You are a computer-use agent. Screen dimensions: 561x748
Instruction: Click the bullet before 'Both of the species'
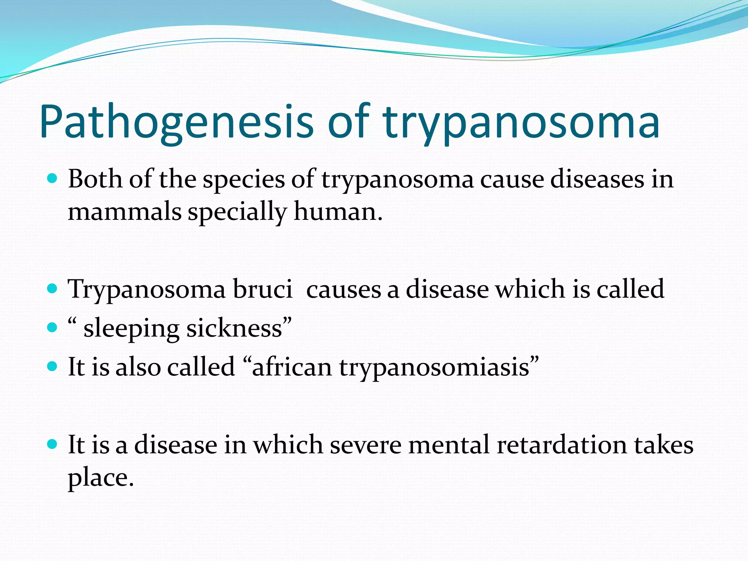(53, 179)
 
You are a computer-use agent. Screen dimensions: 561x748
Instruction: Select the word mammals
(125, 212)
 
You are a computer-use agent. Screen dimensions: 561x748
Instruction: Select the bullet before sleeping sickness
(53, 327)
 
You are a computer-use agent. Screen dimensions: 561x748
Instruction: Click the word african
(291, 367)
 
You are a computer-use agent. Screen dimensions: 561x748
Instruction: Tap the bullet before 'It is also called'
(53, 366)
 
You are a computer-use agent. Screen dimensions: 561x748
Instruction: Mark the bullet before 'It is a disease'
(53, 444)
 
